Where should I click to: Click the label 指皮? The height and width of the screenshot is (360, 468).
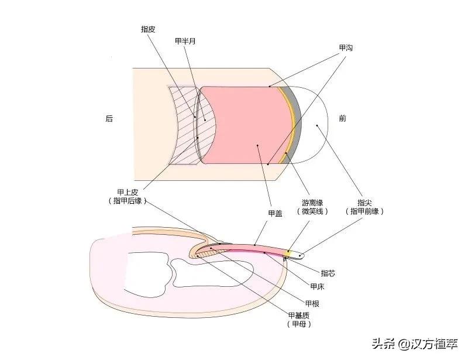148,28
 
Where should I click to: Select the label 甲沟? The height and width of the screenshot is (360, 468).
346,47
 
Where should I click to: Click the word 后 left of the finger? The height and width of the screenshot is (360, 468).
109,118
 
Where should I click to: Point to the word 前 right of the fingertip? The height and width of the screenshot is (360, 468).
342,118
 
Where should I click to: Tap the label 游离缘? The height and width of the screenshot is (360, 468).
312,203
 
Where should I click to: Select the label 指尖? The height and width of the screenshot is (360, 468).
366,203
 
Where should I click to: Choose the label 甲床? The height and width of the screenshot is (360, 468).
316,286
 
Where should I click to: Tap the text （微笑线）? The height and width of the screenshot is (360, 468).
312,211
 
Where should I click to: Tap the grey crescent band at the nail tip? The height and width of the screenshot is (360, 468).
295,126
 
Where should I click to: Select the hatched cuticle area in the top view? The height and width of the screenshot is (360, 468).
181,126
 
